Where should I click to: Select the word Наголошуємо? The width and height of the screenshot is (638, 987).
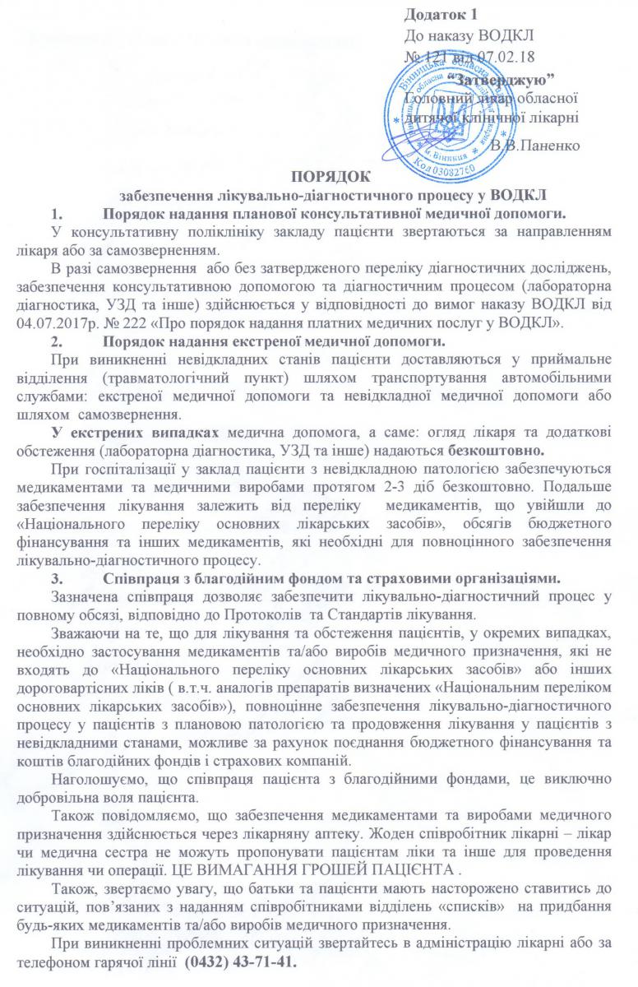(98, 785)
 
